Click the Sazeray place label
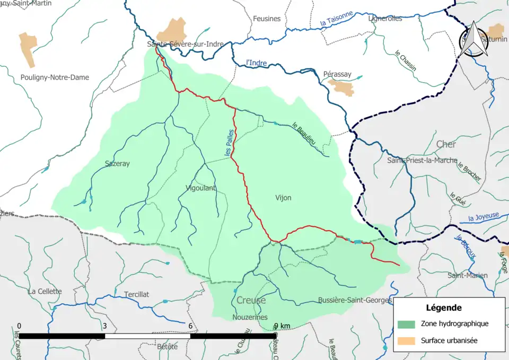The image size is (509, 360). (117, 164)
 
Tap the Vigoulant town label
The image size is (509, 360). (201, 188)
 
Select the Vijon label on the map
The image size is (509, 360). (283, 198)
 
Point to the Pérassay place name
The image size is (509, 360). (337, 74)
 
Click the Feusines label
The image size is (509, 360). (267, 19)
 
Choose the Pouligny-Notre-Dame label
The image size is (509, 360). (55, 77)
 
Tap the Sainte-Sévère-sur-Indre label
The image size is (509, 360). (186, 45)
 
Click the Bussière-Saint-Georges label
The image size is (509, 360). (355, 300)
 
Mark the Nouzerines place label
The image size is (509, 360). (248, 317)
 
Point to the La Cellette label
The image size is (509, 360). (45, 291)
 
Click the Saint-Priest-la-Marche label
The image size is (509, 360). (422, 160)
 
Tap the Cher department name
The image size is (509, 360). (446, 144)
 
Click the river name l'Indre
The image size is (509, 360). (257, 63)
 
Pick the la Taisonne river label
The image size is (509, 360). (336, 20)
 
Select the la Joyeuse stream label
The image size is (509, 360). (484, 216)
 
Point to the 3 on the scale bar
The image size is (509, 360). (104, 326)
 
